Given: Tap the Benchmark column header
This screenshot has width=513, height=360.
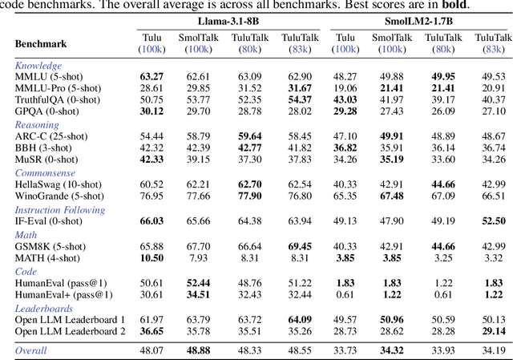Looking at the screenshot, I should click(41, 43).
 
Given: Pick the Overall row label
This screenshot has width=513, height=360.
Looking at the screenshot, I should click(31, 350).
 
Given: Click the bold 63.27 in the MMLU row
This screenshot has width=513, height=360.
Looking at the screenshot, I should click(152, 76).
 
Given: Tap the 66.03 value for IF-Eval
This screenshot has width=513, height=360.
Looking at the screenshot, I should click(152, 220).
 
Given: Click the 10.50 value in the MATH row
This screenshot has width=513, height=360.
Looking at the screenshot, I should click(152, 257).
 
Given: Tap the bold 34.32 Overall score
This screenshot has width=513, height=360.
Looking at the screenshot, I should click(392, 350).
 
